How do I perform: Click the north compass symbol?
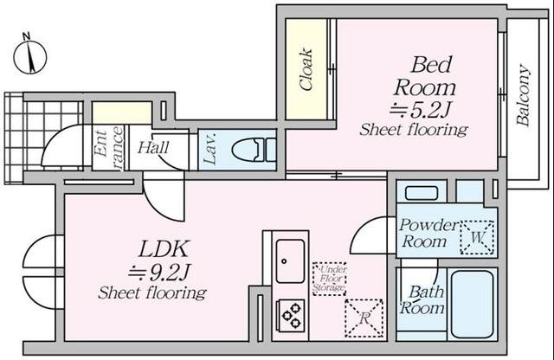point(30,56)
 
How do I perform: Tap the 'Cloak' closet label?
point(306,69)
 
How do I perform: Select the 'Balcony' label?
point(523,94)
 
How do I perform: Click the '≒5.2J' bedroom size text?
point(420,110)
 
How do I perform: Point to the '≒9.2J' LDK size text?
point(159,272)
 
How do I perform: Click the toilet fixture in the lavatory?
point(254,151)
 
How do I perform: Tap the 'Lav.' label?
point(209,149)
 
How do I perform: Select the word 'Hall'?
point(153,148)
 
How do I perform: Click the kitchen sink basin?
point(290,261)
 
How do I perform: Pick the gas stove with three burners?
point(291,315)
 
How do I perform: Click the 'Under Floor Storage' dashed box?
point(329,279)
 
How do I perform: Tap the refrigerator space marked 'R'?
point(364,318)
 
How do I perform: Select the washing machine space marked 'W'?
point(477,237)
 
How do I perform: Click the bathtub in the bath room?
point(472,305)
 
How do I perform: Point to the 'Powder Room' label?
point(428,234)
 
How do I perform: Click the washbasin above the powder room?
point(422,193)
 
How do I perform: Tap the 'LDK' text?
point(163,249)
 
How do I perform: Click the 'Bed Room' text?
point(426,76)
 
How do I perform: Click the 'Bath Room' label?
point(423,300)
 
